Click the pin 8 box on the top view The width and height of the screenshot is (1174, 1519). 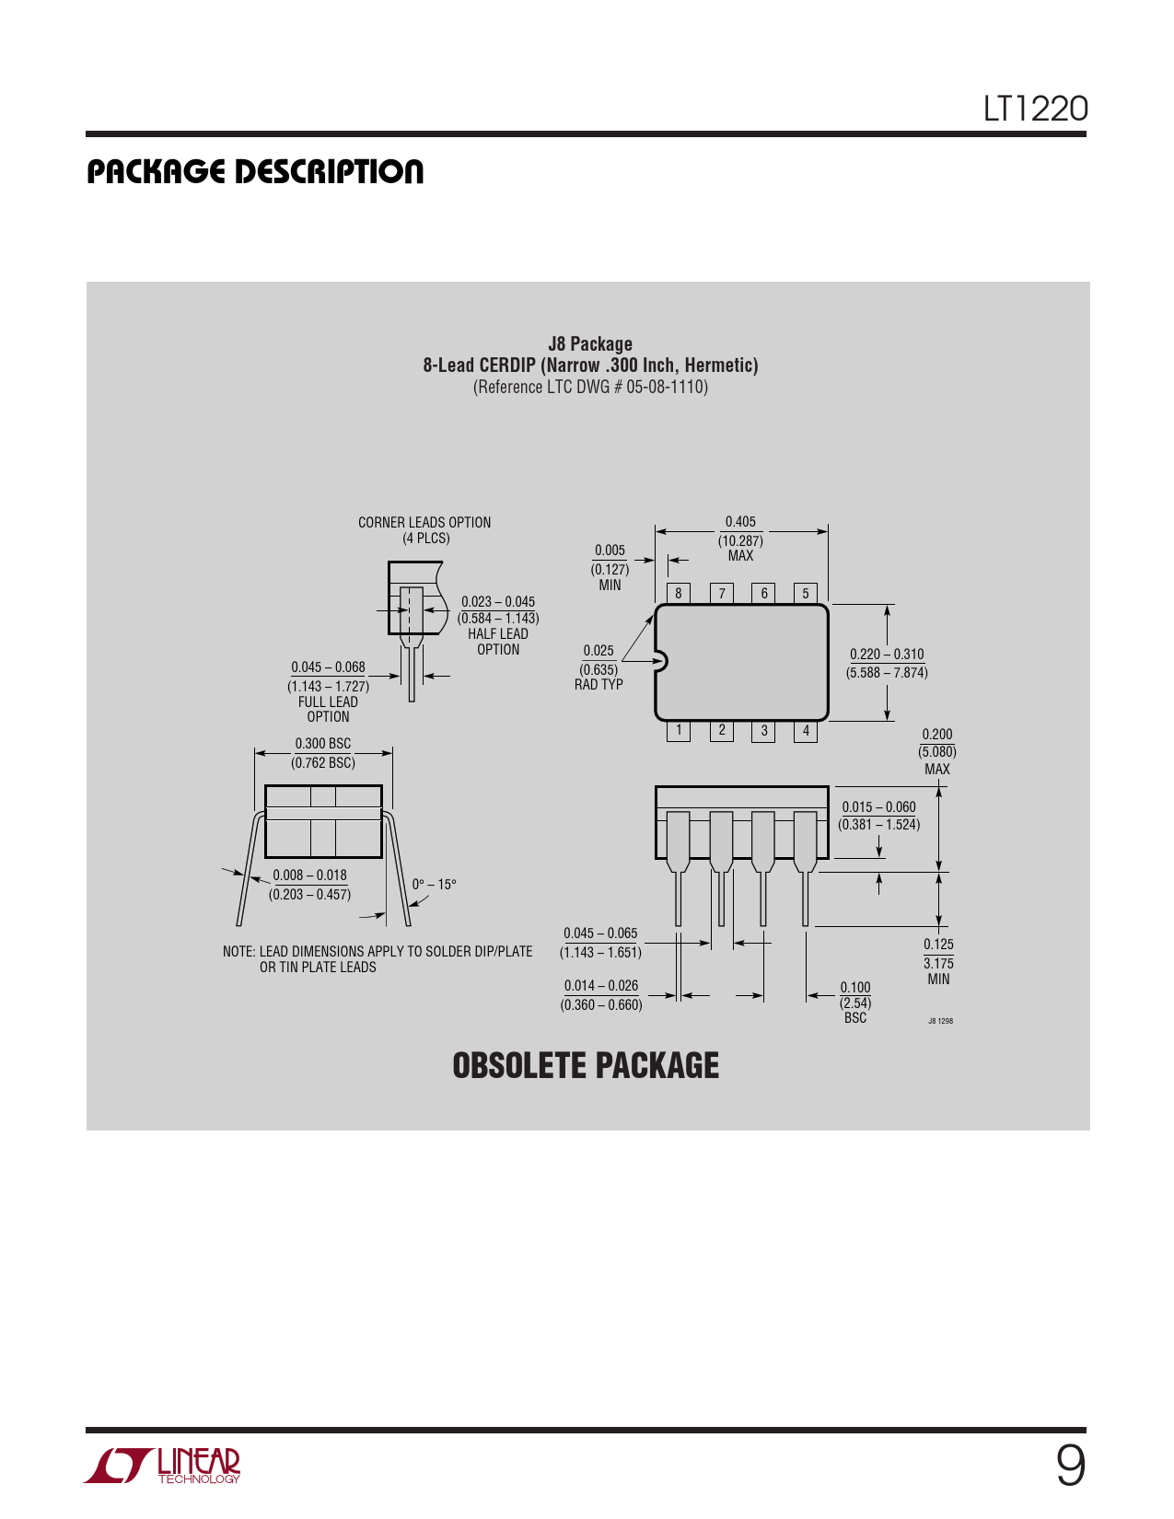pyautogui.click(x=679, y=593)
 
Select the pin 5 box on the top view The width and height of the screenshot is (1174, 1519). pyautogui.click(x=806, y=593)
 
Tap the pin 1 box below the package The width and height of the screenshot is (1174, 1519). pyautogui.click(x=679, y=731)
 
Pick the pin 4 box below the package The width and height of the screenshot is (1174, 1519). pyautogui.click(x=806, y=731)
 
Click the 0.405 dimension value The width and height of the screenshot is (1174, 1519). pyautogui.click(x=740, y=521)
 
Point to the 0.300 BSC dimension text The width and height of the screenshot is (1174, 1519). pyautogui.click(x=323, y=743)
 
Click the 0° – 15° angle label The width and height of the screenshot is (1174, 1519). pyautogui.click(x=434, y=885)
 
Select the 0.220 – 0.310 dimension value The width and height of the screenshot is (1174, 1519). pyautogui.click(x=887, y=655)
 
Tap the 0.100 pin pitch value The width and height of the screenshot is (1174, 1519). pyautogui.click(x=855, y=987)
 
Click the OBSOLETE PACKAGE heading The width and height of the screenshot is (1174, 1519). pyautogui.click(x=586, y=1065)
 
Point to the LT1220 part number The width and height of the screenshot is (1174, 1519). pyautogui.click(x=1036, y=109)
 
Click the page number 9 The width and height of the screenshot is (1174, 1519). pyautogui.click(x=1071, y=1466)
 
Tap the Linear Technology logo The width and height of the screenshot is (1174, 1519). pyautogui.click(x=162, y=1466)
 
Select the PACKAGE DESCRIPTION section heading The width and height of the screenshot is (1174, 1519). pyautogui.click(x=255, y=172)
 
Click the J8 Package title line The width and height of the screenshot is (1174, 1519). pyautogui.click(x=590, y=344)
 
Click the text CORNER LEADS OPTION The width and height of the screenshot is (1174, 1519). pyautogui.click(x=424, y=522)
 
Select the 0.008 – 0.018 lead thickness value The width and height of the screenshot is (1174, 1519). pyautogui.click(x=309, y=875)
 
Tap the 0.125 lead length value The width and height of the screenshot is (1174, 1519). pyautogui.click(x=938, y=944)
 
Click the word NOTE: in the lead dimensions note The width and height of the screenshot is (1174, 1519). pyautogui.click(x=238, y=951)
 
